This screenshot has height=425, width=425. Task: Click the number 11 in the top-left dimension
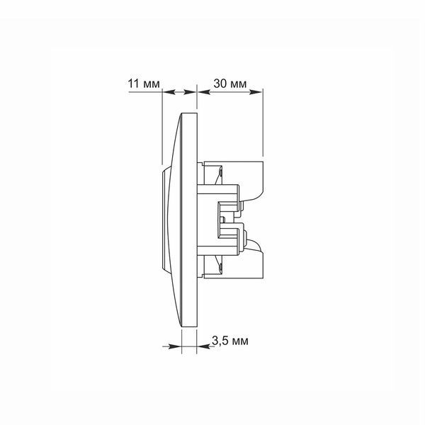[x=135, y=84]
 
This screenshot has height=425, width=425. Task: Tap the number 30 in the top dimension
[x=220, y=84]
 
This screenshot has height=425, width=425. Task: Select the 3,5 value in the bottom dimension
[x=220, y=341]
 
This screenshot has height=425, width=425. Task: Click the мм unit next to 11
[x=152, y=84]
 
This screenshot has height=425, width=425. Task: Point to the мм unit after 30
[x=238, y=84]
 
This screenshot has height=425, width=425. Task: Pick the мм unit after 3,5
[x=240, y=342]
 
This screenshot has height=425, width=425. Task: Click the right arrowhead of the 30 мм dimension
[x=256, y=92]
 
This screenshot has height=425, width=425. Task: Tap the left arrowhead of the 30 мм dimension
[x=204, y=92]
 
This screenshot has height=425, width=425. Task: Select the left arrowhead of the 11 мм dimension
[x=169, y=92]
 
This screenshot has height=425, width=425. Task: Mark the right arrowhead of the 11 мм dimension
[x=190, y=92]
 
